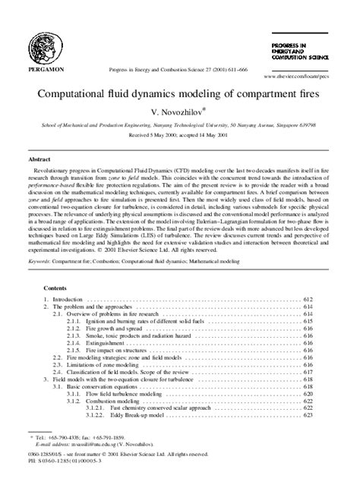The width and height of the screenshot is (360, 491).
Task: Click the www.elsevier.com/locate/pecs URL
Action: pyautogui.click(x=295, y=77)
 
